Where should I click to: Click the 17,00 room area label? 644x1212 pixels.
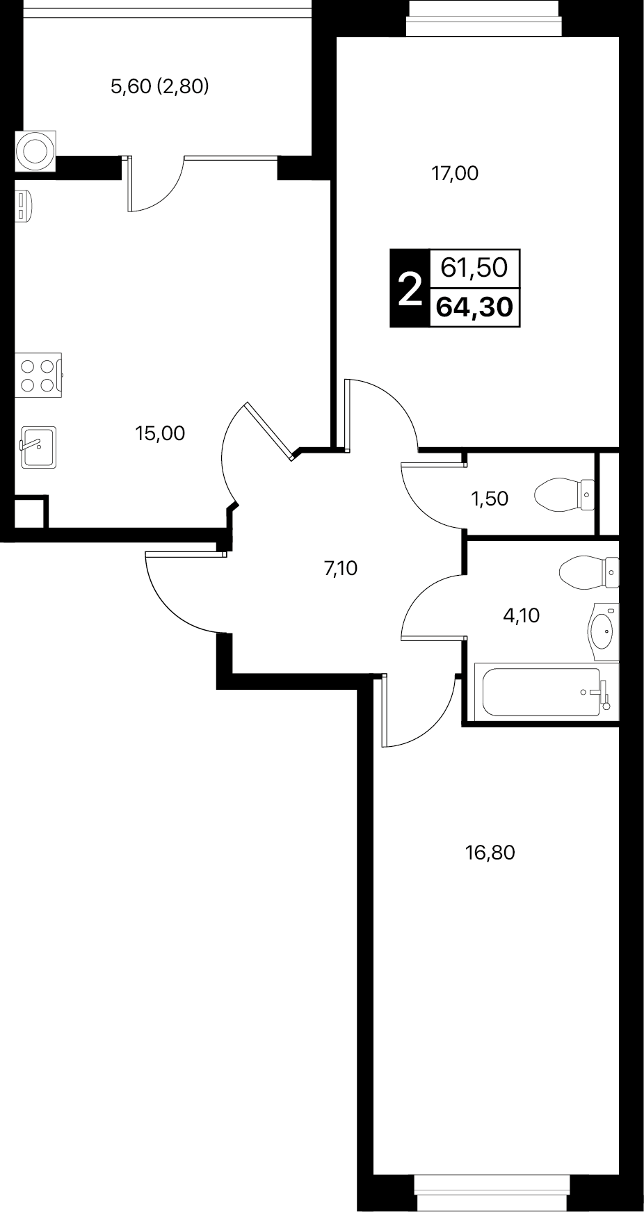coord(456,173)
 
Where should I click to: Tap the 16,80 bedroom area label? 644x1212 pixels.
coord(490,853)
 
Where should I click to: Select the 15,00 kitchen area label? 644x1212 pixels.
coord(160,434)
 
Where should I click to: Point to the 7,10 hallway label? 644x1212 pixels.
coord(341,569)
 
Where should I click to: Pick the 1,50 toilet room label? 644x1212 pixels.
coord(490,499)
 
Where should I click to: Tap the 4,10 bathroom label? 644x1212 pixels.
coord(521,615)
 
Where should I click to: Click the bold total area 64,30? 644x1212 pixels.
coord(476,307)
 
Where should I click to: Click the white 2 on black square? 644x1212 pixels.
coord(410,288)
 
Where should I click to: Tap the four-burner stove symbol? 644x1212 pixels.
coord(38,375)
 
